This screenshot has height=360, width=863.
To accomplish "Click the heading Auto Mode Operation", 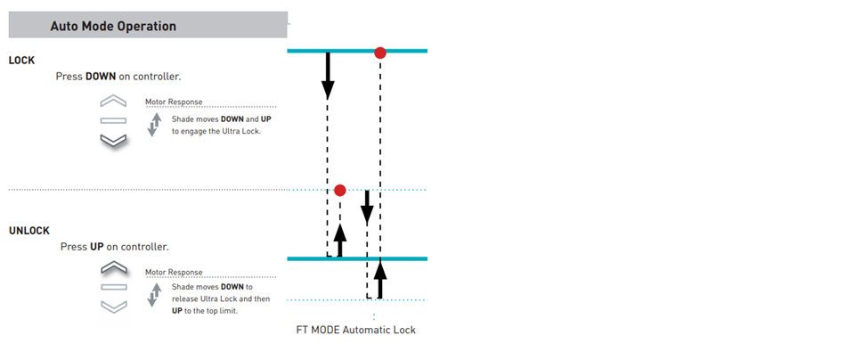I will (113, 26).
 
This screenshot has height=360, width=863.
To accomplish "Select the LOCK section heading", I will (22, 60).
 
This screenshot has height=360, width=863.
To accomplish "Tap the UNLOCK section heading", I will (29, 230).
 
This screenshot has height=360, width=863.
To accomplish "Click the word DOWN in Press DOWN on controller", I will (101, 77).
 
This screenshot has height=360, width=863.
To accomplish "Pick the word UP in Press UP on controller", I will (97, 246).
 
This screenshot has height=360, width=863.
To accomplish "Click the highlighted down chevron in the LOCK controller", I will (114, 139).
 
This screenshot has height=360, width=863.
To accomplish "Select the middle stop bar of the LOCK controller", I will (114, 120).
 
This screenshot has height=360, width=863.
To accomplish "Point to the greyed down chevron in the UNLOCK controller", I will (114, 307).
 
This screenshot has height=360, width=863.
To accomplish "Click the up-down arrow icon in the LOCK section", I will (154, 125).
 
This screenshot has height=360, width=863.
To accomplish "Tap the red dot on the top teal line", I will (380, 53).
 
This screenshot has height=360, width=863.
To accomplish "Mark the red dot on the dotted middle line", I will (339, 190).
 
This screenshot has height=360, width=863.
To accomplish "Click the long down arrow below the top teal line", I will (328, 76).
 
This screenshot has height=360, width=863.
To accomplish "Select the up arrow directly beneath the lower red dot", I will (339, 241).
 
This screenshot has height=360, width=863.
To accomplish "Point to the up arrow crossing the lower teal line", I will (380, 278).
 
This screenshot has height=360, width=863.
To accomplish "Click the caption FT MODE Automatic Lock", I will (355, 330).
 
